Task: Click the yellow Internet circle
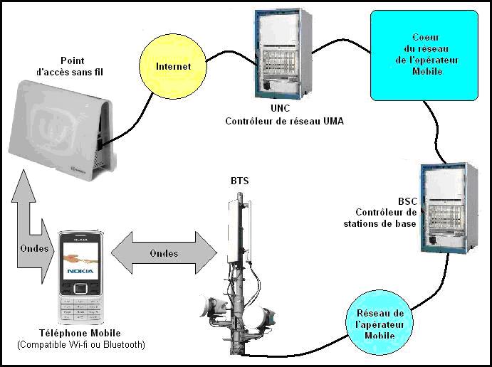174,67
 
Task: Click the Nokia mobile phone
80,278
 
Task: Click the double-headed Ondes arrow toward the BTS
164,254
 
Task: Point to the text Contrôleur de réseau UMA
284,122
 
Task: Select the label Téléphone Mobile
80,333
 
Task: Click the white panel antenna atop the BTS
238,224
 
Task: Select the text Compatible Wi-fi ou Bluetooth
80,345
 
